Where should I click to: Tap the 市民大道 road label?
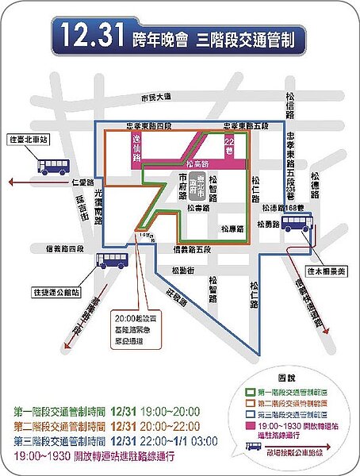click(x=155, y=98)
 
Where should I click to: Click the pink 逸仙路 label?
click(x=136, y=148)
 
